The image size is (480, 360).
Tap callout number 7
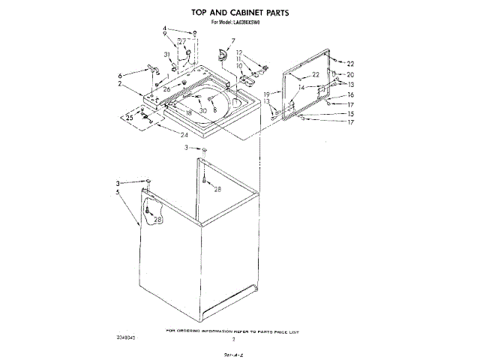(233, 40)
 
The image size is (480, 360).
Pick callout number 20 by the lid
(350, 74)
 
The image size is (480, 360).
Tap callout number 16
(350, 95)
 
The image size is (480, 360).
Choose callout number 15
(350, 113)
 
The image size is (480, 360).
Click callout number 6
(120, 76)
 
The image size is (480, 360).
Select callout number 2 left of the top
(120, 84)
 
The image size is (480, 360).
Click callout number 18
(189, 112)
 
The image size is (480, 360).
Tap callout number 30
(202, 110)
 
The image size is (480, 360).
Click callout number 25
(128, 118)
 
